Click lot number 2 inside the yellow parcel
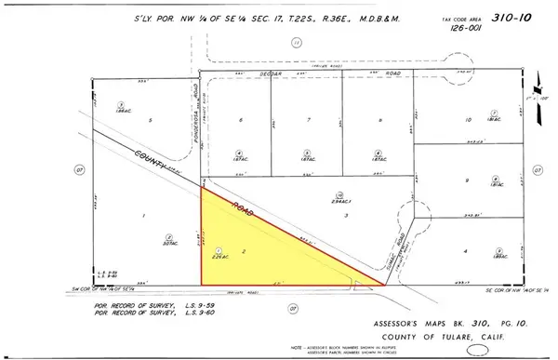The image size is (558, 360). (244, 252)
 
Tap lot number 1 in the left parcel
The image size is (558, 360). (144, 216)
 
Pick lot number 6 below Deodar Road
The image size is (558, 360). (241, 121)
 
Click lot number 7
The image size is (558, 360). (308, 121)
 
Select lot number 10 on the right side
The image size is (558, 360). (469, 121)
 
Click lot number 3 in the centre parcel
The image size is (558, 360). (346, 215)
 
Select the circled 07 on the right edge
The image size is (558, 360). (537, 170)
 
